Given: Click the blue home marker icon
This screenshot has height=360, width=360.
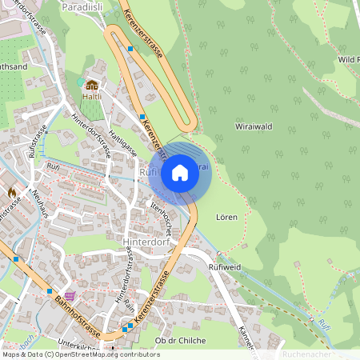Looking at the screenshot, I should (x=180, y=172).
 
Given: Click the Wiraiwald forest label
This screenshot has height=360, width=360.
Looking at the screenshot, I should (x=254, y=127).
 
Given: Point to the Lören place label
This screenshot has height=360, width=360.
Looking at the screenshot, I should (x=226, y=217).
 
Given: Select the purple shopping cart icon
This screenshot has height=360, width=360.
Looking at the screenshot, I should (x=70, y=295).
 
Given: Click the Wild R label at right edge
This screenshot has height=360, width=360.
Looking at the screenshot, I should (x=348, y=59).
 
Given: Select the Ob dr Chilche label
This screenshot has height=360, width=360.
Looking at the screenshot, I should (x=180, y=340).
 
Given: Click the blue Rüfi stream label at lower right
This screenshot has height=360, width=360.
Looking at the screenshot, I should (x=346, y=324).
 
